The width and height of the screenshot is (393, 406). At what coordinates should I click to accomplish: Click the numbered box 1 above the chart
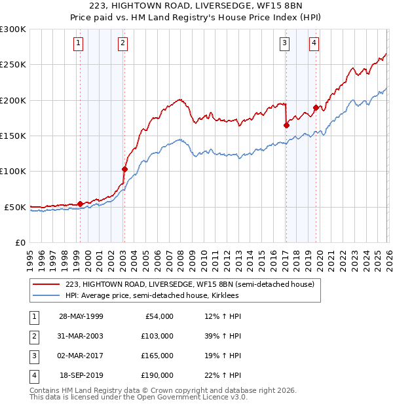(x=78, y=44)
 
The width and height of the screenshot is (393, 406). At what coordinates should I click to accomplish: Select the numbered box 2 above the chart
(x=122, y=44)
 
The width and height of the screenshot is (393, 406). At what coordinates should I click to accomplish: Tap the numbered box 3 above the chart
(x=285, y=44)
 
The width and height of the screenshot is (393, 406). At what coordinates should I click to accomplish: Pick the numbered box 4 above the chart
(x=314, y=44)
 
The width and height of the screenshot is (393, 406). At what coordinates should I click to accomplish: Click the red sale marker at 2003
(x=124, y=169)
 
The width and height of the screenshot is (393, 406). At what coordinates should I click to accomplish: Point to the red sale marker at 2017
(x=286, y=125)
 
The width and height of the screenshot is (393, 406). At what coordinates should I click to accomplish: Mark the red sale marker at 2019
(x=316, y=107)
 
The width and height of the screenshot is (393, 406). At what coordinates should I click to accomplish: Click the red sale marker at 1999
(x=80, y=204)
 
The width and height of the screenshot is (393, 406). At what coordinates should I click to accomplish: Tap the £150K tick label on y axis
(x=13, y=136)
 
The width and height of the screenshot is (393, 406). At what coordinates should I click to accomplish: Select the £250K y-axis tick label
(x=13, y=65)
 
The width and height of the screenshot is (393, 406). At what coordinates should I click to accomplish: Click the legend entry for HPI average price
(x=152, y=295)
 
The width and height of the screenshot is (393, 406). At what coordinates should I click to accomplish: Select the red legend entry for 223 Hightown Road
(x=190, y=284)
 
